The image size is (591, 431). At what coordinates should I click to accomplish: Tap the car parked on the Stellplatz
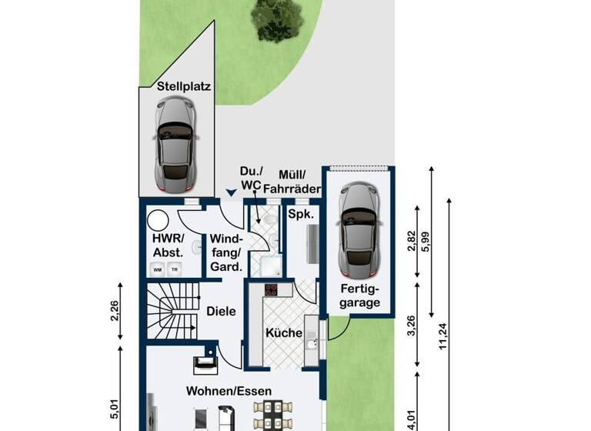176,147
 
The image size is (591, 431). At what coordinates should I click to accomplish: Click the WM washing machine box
158,269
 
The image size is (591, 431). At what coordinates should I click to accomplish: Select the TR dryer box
175,269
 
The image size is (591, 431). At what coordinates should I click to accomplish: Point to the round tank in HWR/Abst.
158,221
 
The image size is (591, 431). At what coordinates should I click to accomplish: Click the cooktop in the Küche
271,290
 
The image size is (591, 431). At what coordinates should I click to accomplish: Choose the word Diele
221,312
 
